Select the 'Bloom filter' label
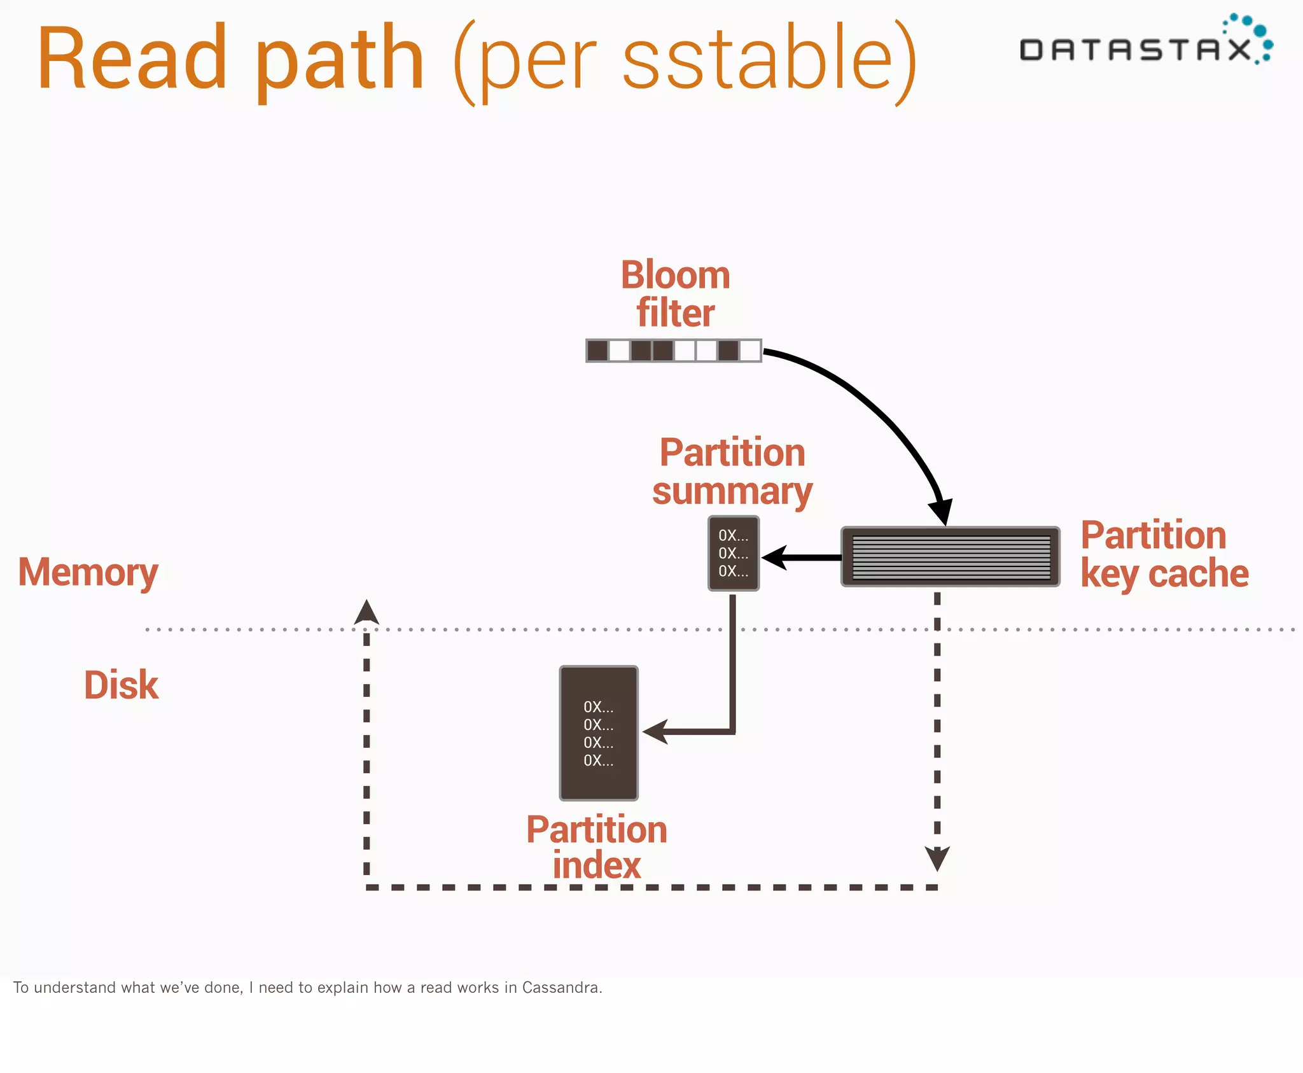coord(675,294)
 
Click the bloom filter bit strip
coord(673,351)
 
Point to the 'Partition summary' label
coord(732,472)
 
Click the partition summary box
coord(734,553)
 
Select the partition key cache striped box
coord(951,557)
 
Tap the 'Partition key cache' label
coord(1163,554)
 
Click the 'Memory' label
coord(88,572)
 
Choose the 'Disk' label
coord(121,685)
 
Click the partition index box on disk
coord(599,733)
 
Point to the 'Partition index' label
coord(597,848)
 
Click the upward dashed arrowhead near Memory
coord(366,612)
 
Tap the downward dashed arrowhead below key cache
coord(937,858)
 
